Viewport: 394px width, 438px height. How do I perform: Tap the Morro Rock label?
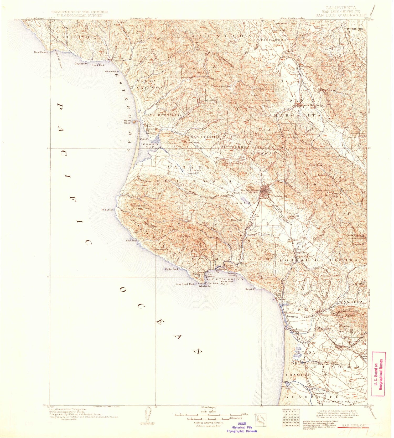[x=128, y=122]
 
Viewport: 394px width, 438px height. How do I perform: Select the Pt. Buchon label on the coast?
[x=108, y=210]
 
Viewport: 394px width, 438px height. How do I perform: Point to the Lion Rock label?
[x=132, y=240]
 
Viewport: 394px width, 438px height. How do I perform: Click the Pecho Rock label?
[x=172, y=269]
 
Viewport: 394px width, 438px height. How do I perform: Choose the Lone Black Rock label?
[x=185, y=284]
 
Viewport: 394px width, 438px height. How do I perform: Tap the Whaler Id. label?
[x=205, y=286]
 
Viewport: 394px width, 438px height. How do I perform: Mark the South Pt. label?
[x=251, y=289]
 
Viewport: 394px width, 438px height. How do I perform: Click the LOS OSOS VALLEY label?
[x=193, y=172]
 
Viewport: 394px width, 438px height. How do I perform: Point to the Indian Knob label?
[x=271, y=255]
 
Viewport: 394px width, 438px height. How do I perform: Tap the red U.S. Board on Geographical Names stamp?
[x=379, y=374]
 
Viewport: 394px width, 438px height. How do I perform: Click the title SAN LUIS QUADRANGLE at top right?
[x=341, y=15]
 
